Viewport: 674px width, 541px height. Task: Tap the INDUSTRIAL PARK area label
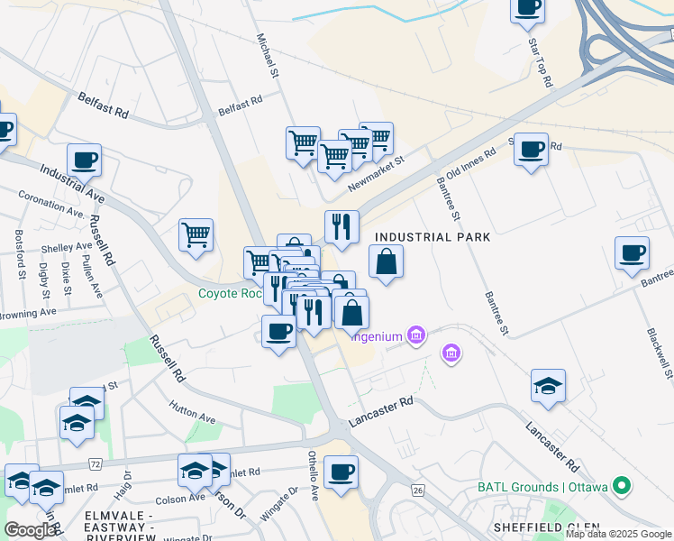(433, 237)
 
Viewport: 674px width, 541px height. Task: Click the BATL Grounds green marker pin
(621, 487)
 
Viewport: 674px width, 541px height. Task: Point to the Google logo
(30, 530)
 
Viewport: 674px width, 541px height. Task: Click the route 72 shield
(94, 463)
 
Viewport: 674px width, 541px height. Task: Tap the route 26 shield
(417, 490)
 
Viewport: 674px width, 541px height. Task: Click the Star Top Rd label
(540, 62)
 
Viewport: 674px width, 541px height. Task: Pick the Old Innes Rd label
(471, 165)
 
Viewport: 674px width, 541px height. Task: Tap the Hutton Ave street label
(192, 412)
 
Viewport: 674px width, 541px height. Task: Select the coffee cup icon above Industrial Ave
(84, 160)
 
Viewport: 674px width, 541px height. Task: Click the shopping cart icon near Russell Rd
(196, 234)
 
